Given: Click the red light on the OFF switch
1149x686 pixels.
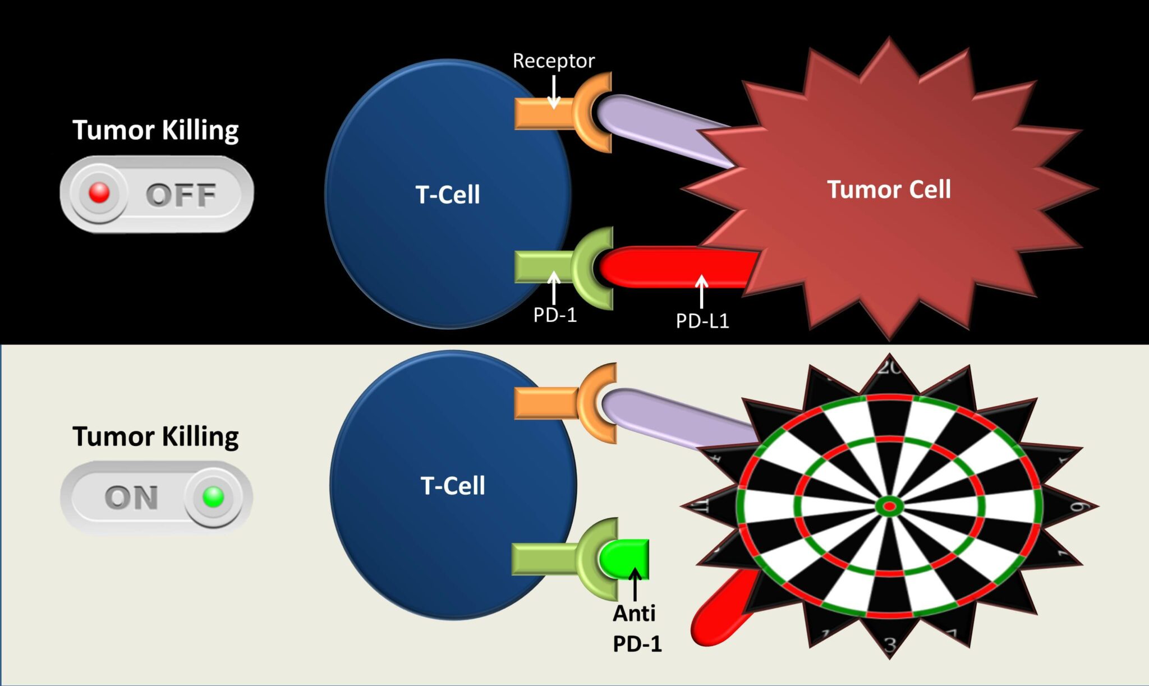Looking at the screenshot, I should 99,192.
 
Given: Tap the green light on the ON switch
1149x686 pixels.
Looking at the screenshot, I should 213,497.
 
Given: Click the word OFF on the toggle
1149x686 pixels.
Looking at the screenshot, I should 181,195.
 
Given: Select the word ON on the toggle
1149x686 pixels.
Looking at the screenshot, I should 131,498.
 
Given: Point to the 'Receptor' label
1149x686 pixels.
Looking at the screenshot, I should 553,61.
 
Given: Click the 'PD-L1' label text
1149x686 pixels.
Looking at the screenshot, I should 702,321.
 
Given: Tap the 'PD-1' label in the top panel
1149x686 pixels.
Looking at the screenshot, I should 554,315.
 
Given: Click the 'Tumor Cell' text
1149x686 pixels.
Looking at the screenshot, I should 889,189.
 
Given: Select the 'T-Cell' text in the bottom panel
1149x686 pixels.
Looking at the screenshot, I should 452,485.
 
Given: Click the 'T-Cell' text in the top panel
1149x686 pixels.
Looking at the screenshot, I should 447,195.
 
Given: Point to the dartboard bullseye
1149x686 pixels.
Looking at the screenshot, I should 889,507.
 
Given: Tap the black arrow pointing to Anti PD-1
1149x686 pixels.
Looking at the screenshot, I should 635,583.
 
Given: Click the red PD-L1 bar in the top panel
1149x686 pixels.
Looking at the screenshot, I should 673,266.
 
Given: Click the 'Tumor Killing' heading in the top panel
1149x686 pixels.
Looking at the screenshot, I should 155,130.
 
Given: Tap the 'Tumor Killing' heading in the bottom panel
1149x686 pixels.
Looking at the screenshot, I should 155,436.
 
